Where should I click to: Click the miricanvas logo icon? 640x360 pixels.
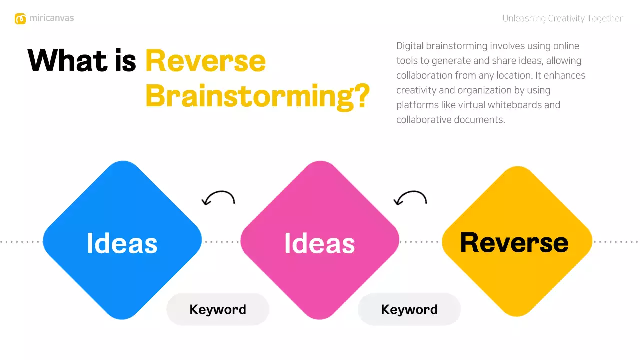coord(20,19)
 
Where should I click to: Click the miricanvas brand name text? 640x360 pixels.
coord(51,18)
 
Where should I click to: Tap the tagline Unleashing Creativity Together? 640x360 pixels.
coord(562,19)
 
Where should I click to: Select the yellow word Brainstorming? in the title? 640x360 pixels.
coord(257,96)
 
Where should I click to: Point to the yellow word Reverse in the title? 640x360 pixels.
coord(205,61)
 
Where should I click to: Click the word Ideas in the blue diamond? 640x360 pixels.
coord(122,243)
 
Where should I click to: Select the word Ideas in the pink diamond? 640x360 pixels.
coord(319,243)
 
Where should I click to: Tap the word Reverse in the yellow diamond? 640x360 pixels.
coord(514,242)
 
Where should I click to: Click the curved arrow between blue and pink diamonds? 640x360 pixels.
coord(218,198)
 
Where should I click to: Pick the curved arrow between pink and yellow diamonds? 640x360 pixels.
coord(410,198)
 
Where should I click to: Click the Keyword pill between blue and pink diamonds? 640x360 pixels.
coord(218,309)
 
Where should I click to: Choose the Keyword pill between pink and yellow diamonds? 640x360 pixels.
coord(409,309)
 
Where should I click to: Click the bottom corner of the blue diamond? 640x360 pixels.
coord(122,318)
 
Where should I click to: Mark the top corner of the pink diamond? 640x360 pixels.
coord(320,162)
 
